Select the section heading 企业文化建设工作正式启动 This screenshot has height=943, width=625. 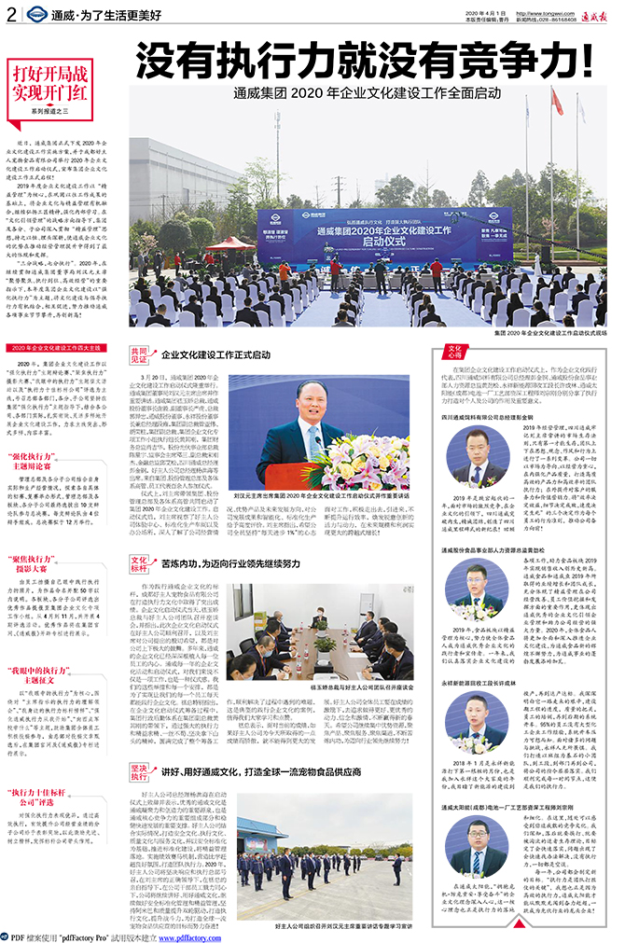(x=216, y=355)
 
